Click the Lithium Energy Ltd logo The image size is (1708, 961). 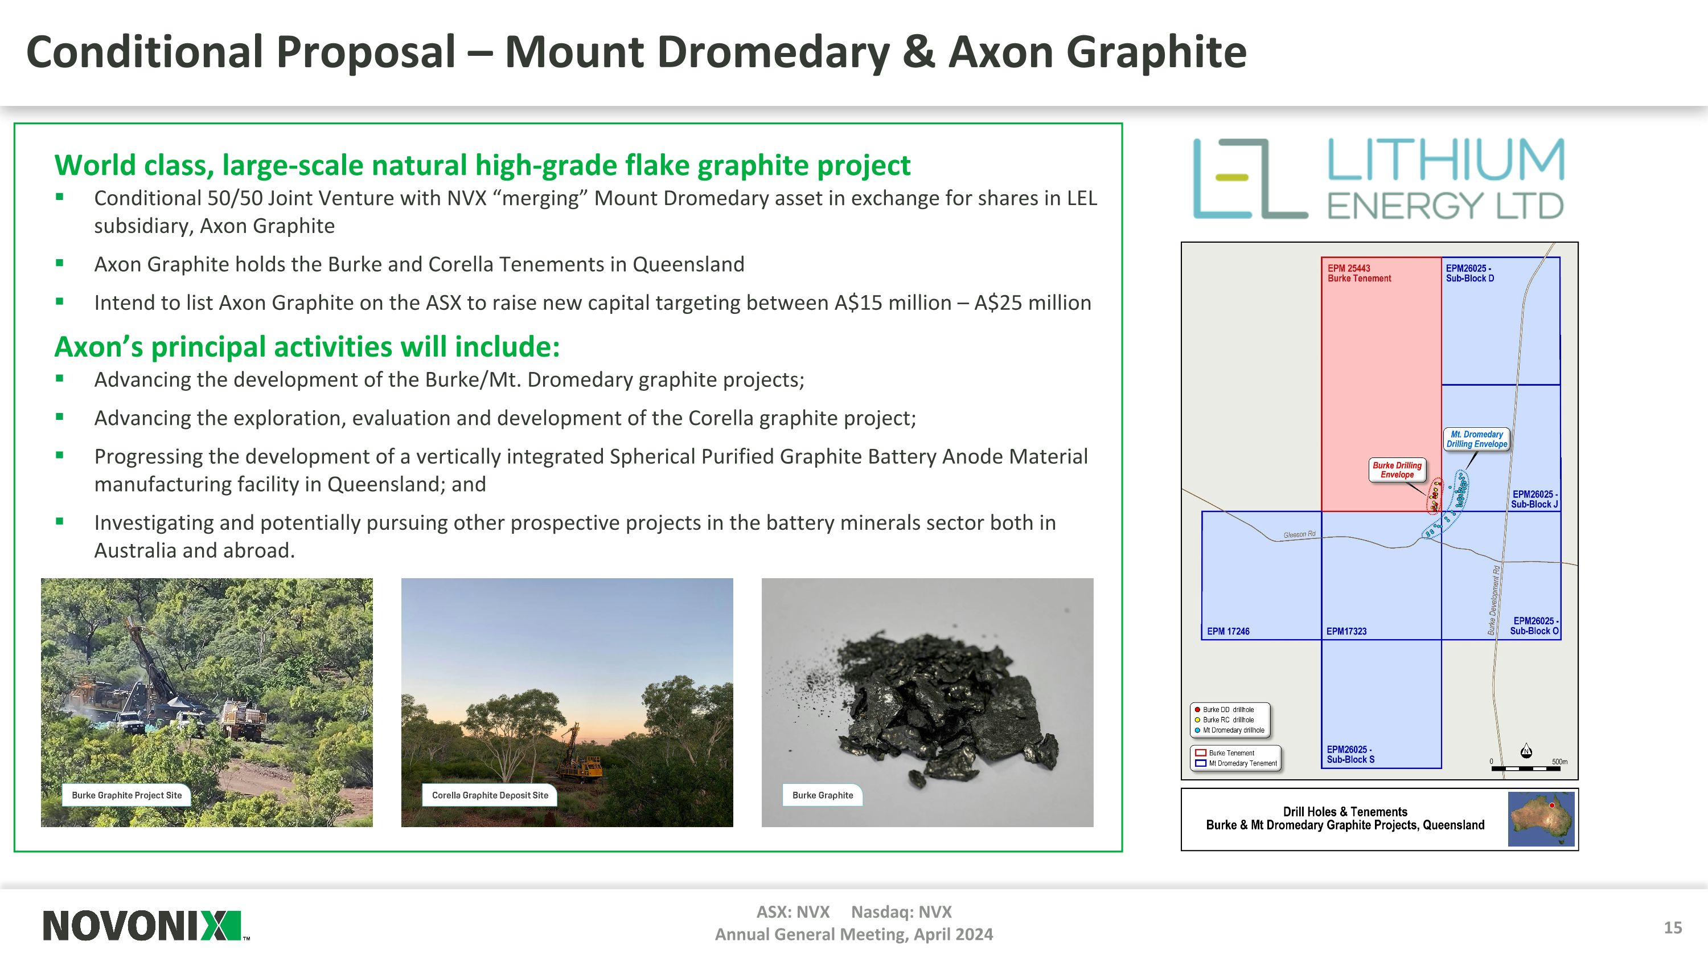pyautogui.click(x=1378, y=178)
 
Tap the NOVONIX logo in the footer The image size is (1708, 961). pyautogui.click(x=142, y=926)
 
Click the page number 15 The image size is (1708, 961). pyautogui.click(x=1672, y=927)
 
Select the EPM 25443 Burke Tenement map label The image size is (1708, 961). pyautogui.click(x=1358, y=273)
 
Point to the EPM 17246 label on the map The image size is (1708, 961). pyautogui.click(x=1228, y=631)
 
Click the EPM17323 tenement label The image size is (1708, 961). pyautogui.click(x=1346, y=631)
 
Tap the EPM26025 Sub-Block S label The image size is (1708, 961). pyautogui.click(x=1350, y=755)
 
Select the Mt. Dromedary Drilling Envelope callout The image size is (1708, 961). pyautogui.click(x=1477, y=439)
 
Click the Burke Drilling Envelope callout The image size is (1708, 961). pyautogui.click(x=1397, y=469)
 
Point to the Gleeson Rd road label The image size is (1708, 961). pyautogui.click(x=1299, y=534)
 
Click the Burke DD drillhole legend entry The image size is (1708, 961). pyautogui.click(x=1227, y=710)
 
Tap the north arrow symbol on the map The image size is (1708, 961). pyautogui.click(x=1526, y=750)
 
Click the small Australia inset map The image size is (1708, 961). pyautogui.click(x=1541, y=819)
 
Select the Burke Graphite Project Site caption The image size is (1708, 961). pyautogui.click(x=126, y=795)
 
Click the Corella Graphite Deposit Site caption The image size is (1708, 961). pyautogui.click(x=490, y=795)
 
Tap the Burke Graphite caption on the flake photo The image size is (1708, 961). pyautogui.click(x=822, y=795)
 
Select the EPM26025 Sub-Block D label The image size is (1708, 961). pyautogui.click(x=1470, y=273)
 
